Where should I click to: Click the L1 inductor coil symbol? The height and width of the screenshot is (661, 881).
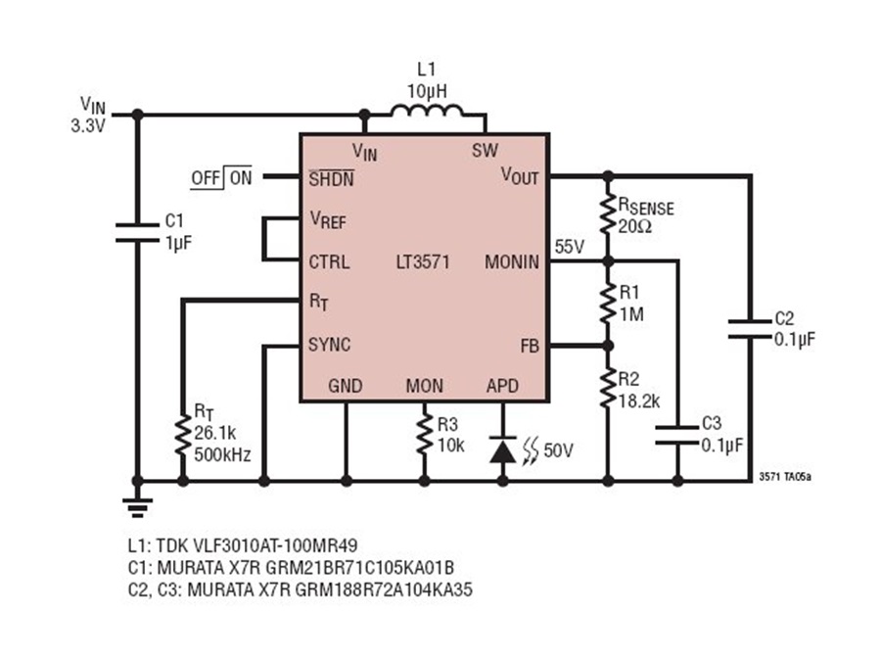click(x=428, y=111)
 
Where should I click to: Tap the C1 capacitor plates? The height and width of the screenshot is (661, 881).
click(x=137, y=233)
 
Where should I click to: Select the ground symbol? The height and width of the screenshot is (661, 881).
click(x=137, y=506)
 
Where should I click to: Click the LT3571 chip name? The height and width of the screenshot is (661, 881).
click(x=423, y=261)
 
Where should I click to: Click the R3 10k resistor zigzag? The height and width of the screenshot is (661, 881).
click(x=424, y=434)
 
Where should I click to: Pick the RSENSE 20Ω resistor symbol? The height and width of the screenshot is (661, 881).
click(x=608, y=214)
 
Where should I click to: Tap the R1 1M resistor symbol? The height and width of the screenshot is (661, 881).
click(x=608, y=303)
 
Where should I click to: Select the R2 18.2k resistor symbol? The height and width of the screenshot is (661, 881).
click(x=608, y=388)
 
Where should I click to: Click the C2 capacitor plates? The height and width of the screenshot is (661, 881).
click(x=750, y=329)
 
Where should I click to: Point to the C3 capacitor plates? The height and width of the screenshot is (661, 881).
click(x=677, y=435)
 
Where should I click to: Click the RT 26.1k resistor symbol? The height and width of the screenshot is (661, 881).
click(x=183, y=436)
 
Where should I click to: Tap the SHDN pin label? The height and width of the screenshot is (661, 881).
click(x=332, y=178)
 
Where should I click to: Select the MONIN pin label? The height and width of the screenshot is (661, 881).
click(x=512, y=261)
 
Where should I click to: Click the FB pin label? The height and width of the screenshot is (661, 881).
click(x=530, y=346)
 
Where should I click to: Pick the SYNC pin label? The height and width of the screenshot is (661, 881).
click(x=329, y=345)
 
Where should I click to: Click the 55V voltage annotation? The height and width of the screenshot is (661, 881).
click(x=570, y=246)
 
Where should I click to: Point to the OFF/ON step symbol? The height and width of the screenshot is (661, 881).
click(x=221, y=177)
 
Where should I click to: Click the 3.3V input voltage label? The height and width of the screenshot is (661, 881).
click(x=88, y=126)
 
